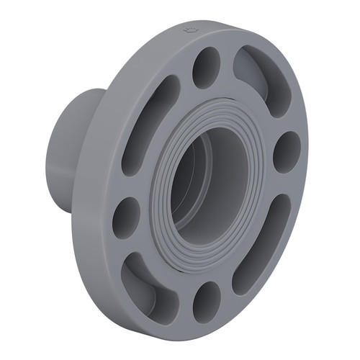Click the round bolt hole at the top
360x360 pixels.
(x=207, y=68)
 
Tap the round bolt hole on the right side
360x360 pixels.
(x=287, y=151)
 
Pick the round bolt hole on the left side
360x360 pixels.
(x=126, y=217)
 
